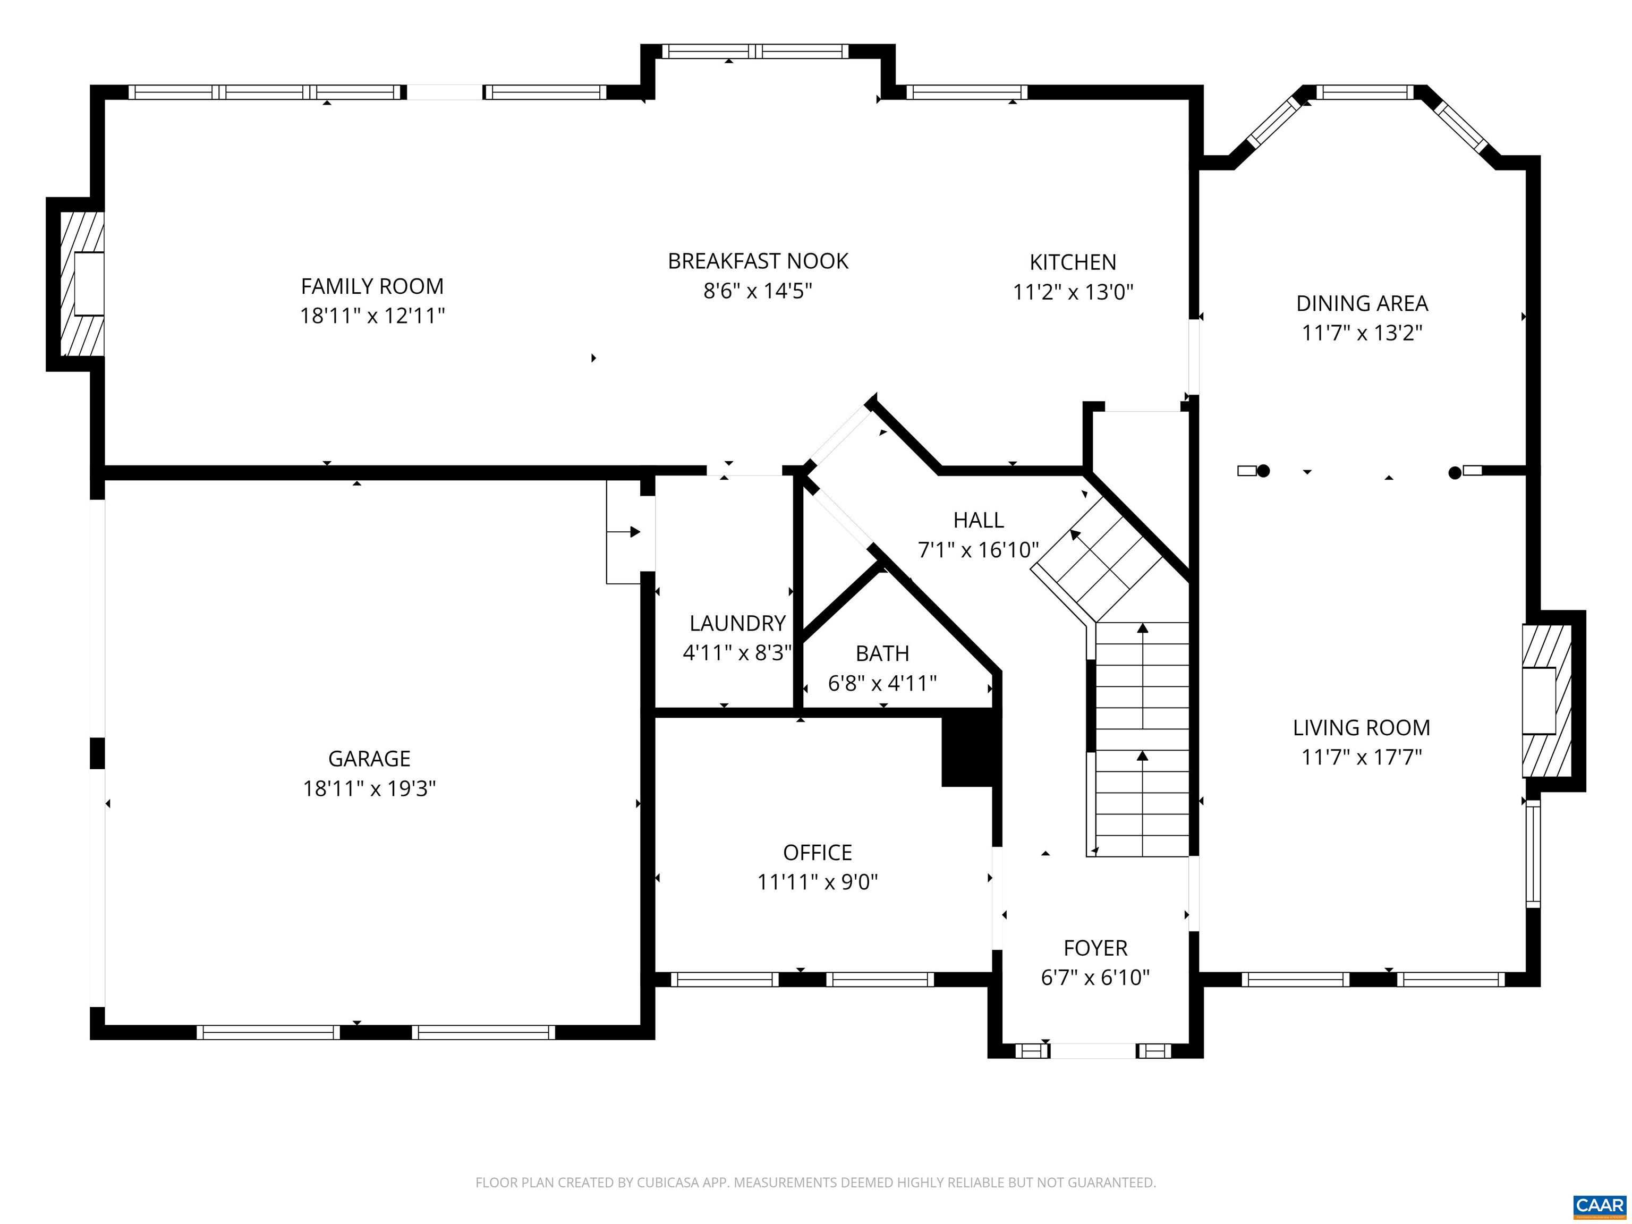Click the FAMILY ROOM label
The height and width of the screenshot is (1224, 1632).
[372, 286]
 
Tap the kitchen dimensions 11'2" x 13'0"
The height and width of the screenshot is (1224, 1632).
[1072, 292]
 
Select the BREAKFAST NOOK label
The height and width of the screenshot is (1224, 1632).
[758, 261]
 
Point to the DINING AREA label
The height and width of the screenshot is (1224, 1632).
[1362, 303]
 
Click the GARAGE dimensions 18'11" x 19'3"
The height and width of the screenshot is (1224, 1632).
[369, 789]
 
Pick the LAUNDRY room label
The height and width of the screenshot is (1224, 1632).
[737, 624]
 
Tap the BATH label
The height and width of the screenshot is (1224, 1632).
[882, 653]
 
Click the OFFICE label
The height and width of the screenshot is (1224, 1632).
[818, 853]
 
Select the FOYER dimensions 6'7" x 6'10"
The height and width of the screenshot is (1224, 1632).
[1095, 977]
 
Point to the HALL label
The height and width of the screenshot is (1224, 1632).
[979, 520]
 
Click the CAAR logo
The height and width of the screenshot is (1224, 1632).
[1599, 1205]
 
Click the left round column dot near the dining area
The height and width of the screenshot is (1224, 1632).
[1263, 471]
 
